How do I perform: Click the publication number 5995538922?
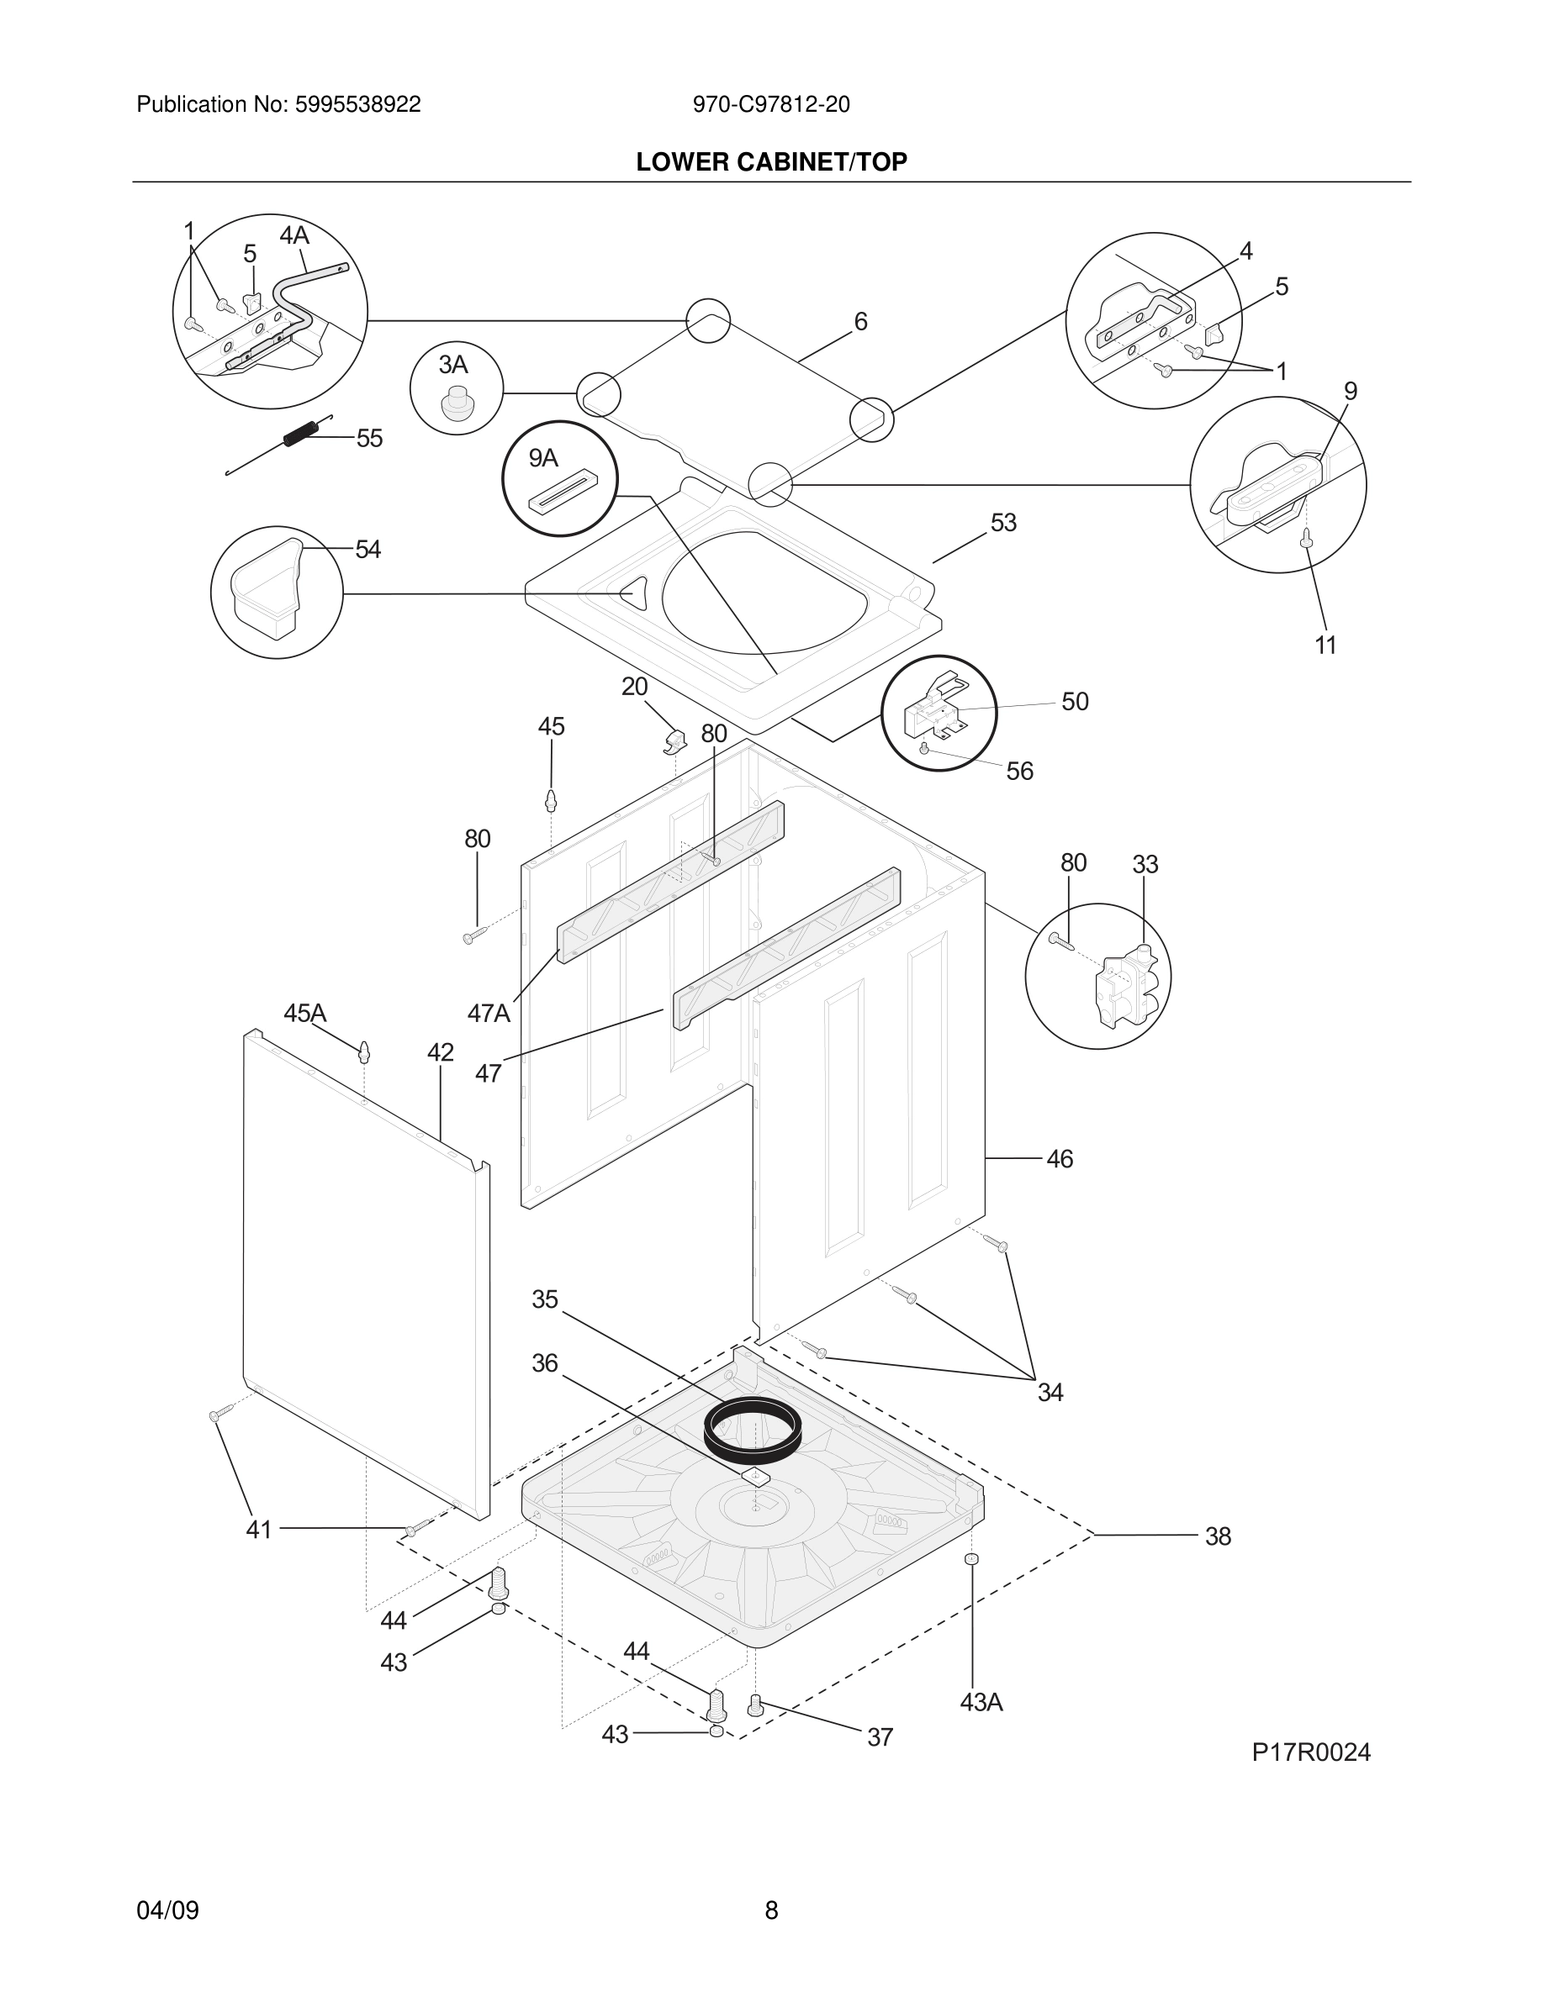pos(357,104)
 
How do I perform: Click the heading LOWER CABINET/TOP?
pos(771,162)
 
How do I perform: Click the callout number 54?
pos(367,550)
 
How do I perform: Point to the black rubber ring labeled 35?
pos(753,1428)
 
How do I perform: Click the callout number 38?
pos(1218,1536)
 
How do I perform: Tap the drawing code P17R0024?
pos(1311,1752)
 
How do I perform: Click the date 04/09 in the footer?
pos(167,1910)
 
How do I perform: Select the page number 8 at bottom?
pos(771,1910)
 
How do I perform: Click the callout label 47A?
pos(489,1013)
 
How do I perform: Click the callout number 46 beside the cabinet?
pos(1060,1159)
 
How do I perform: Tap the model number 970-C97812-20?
pos(770,104)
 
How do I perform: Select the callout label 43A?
pos(981,1703)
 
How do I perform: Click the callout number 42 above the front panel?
pos(440,1052)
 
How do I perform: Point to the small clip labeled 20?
pos(675,741)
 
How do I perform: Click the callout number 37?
pos(880,1737)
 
